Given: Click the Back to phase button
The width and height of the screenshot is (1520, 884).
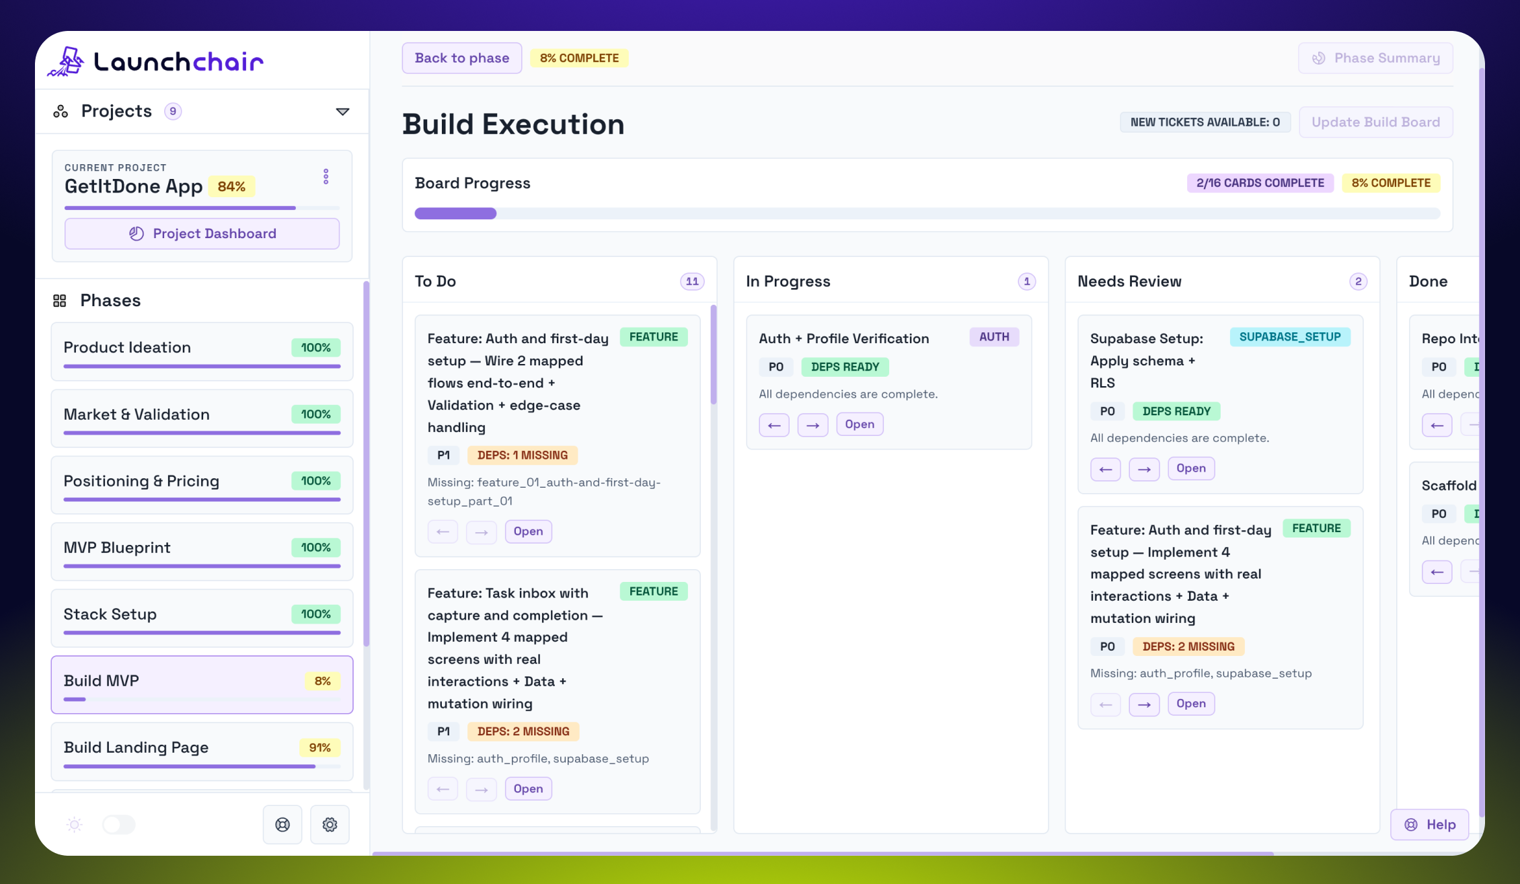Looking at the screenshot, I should pyautogui.click(x=461, y=58).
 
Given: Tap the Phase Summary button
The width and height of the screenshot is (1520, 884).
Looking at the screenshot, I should pyautogui.click(x=1375, y=58).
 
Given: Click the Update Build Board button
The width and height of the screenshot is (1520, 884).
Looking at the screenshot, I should pyautogui.click(x=1375, y=122).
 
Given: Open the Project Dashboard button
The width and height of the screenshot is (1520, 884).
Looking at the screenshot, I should pyautogui.click(x=202, y=233).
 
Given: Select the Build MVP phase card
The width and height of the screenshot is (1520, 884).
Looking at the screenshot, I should pyautogui.click(x=202, y=684).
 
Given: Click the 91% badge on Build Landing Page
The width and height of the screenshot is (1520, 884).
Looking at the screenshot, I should pyautogui.click(x=319, y=747).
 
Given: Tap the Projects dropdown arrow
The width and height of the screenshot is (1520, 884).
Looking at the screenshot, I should pyautogui.click(x=342, y=112).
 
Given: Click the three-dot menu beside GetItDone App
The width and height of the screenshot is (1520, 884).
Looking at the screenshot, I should pyautogui.click(x=326, y=176).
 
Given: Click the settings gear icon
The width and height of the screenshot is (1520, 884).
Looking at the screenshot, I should pyautogui.click(x=330, y=824).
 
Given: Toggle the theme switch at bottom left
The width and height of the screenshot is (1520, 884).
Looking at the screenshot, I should pyautogui.click(x=119, y=824).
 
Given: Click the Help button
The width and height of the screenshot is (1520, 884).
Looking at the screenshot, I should pyautogui.click(x=1429, y=824).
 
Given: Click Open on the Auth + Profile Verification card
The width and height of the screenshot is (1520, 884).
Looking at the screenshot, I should pyautogui.click(x=859, y=425).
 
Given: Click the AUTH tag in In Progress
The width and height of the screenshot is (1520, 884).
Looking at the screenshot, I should pyautogui.click(x=993, y=337).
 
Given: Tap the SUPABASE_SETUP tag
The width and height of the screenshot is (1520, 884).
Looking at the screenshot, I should pyautogui.click(x=1289, y=337).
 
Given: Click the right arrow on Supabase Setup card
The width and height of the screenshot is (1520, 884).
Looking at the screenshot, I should pyautogui.click(x=1143, y=469).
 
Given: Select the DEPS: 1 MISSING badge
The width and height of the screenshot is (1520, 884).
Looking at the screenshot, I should pyautogui.click(x=522, y=455).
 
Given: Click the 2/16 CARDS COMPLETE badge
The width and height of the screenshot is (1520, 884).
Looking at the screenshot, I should pyautogui.click(x=1259, y=183).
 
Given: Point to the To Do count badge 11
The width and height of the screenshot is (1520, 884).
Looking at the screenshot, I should pyautogui.click(x=691, y=281).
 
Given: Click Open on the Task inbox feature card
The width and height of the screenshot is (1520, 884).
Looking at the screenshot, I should pyautogui.click(x=528, y=788).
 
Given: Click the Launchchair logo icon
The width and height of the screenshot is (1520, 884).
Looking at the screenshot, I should pyautogui.click(x=66, y=62).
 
